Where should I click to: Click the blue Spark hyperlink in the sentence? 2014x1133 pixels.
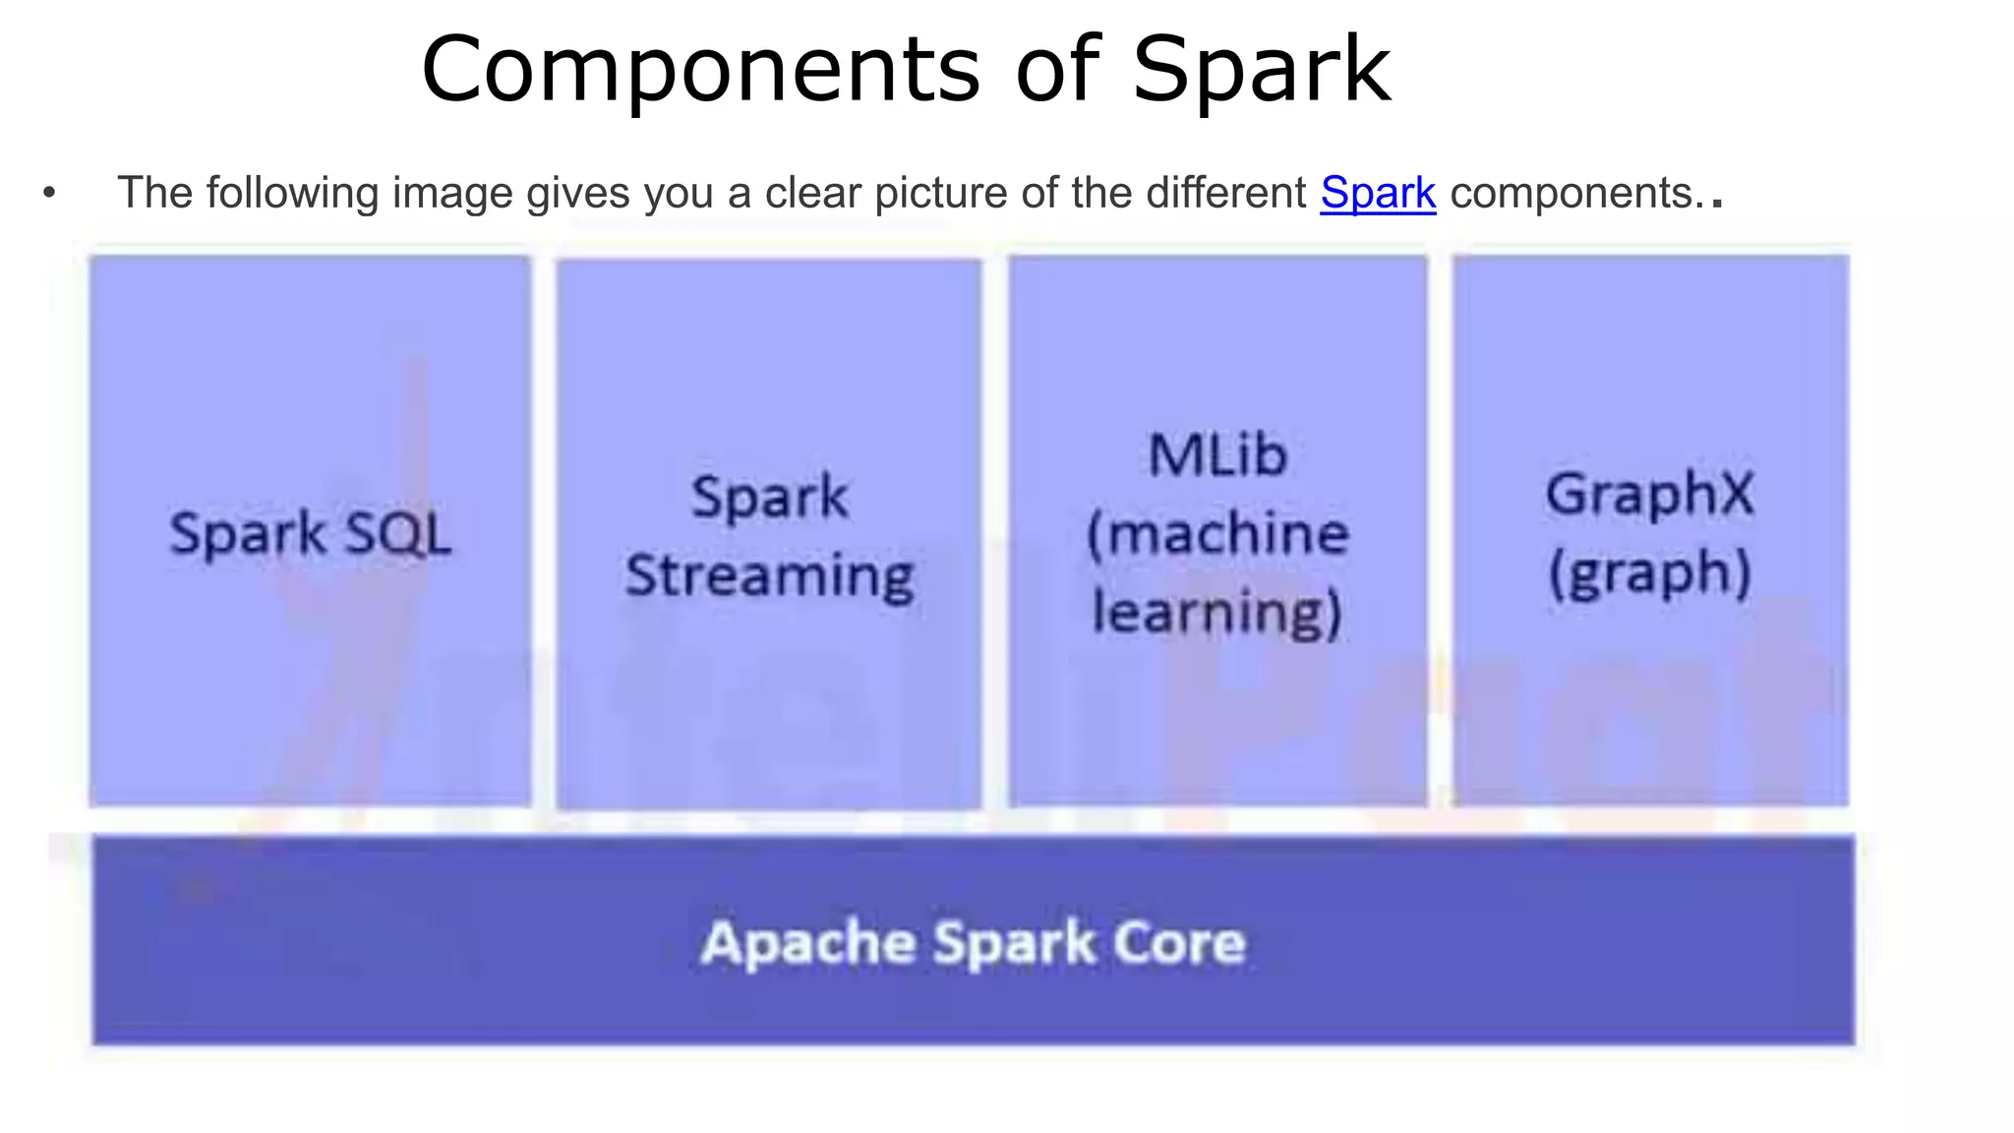[1378, 193]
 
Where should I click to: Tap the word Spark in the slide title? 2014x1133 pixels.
[1261, 70]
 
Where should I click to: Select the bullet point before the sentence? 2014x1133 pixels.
[49, 193]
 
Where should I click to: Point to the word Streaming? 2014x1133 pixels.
[770, 576]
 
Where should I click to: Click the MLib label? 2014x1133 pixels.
[1217, 455]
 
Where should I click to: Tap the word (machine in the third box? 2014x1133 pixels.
[1217, 534]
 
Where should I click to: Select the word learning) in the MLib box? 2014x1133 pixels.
[1217, 613]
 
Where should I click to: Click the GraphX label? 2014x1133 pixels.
[1649, 494]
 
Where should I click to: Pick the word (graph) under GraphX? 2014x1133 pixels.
[1649, 572]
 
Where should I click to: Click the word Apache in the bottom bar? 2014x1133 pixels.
[808, 943]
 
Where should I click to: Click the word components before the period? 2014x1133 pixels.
[1570, 193]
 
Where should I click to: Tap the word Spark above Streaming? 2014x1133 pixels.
[769, 497]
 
